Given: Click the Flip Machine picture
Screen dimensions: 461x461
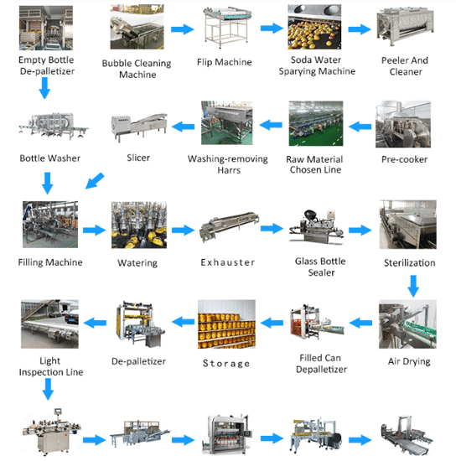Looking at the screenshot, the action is coord(227,27).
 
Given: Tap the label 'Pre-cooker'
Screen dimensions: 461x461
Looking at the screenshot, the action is coord(404,159).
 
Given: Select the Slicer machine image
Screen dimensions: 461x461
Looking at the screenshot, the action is coord(139,127).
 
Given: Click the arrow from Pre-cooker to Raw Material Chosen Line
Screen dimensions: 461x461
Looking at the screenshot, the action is coord(360,127).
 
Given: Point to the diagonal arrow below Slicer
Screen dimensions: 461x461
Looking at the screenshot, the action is coord(95,180).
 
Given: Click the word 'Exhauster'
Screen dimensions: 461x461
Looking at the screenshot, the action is coord(227,262).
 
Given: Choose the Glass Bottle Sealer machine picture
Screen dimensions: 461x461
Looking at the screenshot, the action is coord(316,226).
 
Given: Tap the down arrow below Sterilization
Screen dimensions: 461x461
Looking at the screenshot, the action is coord(413,286).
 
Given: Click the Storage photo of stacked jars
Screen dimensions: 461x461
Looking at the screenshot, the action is coord(226,324).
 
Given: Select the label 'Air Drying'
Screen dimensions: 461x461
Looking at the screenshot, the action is coord(409,361).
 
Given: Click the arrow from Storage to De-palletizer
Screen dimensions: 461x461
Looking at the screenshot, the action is coord(183,322).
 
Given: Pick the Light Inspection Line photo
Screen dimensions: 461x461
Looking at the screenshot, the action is coord(49,324).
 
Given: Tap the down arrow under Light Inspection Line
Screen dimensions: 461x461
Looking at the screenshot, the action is coord(48,389).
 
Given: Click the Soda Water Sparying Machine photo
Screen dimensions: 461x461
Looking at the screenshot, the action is coord(314,27).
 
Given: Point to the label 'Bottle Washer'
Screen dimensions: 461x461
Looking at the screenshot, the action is coord(50,158).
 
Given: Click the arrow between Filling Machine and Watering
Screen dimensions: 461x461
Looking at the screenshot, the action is coord(94,230).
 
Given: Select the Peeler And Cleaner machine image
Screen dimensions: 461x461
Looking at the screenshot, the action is coord(405,27).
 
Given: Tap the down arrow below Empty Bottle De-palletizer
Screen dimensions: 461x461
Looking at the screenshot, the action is coord(44,88).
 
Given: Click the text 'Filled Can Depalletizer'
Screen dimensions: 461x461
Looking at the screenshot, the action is coord(321,364).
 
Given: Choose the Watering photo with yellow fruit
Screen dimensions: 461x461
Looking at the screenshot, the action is coord(139,225).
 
